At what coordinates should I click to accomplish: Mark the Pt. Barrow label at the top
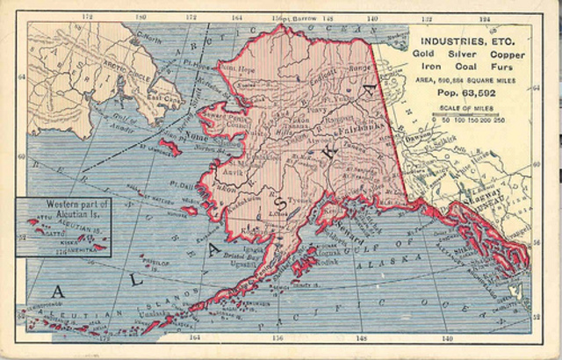(x=294, y=18)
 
